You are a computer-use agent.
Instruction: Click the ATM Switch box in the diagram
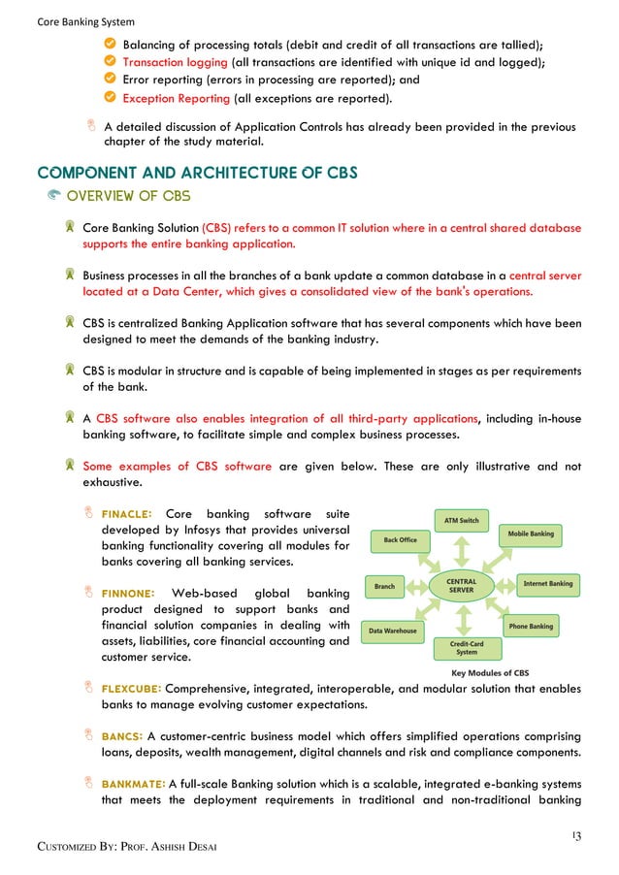point(462,520)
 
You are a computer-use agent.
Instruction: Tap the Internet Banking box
point(547,584)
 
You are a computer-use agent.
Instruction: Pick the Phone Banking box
point(530,627)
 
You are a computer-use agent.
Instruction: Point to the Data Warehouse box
point(393,631)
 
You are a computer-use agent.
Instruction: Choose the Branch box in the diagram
point(385,586)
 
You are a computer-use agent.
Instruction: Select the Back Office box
point(400,540)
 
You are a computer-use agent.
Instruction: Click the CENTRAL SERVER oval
point(461,585)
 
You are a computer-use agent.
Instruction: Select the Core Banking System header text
point(73,21)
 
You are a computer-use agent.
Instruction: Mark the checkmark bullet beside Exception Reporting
point(110,98)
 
